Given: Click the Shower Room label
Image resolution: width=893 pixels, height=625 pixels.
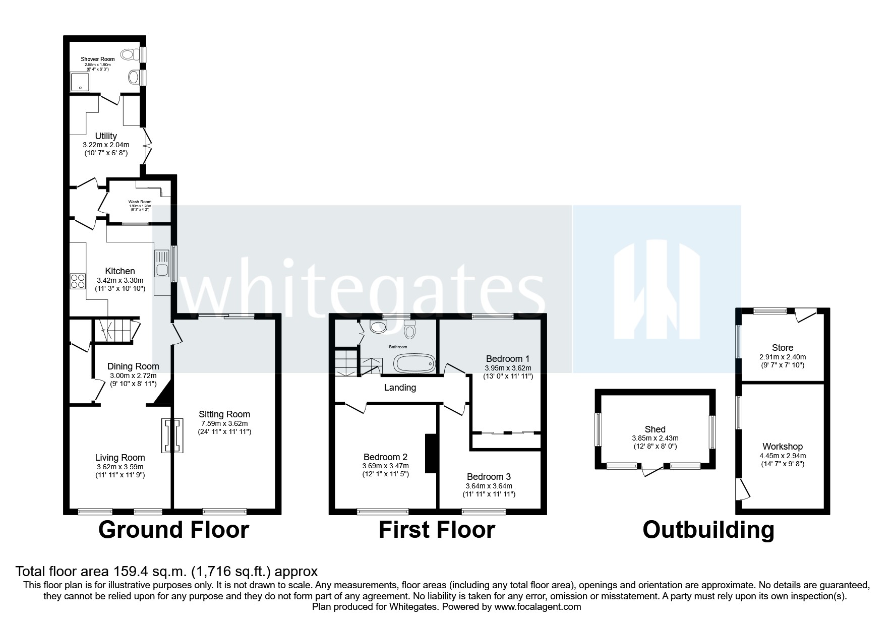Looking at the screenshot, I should tap(98, 59).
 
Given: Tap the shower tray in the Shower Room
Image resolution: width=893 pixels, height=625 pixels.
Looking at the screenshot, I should tap(80, 82).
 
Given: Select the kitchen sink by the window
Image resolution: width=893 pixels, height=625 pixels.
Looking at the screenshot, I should tap(162, 263).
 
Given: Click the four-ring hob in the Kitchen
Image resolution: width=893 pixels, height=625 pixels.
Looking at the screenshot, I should tap(78, 280).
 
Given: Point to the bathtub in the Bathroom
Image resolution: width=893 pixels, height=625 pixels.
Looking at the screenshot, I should tap(414, 363).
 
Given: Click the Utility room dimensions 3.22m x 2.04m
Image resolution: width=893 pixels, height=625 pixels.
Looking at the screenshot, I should tap(106, 145).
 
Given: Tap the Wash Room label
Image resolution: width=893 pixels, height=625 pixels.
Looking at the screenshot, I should tap(140, 202).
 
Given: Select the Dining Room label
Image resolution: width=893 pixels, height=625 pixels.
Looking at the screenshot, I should tap(133, 366).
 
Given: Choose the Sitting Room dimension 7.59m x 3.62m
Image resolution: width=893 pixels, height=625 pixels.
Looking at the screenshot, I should tap(224, 423).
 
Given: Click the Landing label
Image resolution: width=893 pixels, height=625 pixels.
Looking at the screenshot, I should tap(400, 388).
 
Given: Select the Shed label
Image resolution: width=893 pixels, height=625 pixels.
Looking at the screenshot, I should tap(655, 429).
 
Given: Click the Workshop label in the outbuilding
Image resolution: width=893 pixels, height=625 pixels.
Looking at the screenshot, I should tap(782, 447).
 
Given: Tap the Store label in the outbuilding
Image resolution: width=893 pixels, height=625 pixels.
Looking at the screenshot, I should tap(782, 347).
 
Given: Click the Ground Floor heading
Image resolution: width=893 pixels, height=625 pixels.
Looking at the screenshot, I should tap(173, 530).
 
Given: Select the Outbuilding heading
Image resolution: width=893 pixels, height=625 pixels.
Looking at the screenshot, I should tap(708, 530).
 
